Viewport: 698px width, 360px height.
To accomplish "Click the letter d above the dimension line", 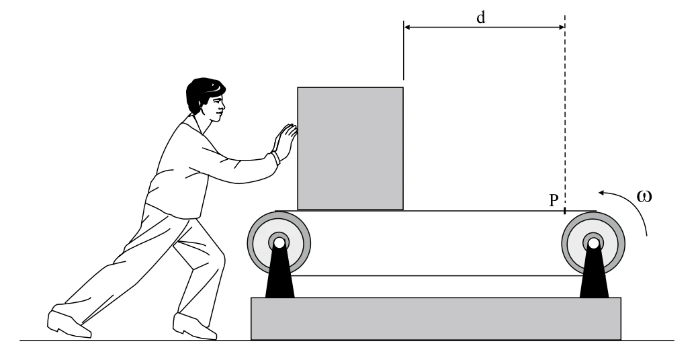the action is click(481, 17).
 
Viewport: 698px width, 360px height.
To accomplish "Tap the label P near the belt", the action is click(554, 201).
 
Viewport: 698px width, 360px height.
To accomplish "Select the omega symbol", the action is click(644, 196).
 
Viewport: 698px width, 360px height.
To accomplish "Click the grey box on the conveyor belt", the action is click(350, 148).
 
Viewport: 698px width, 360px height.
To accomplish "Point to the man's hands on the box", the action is click(286, 140).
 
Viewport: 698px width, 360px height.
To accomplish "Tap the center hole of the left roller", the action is click(279, 243).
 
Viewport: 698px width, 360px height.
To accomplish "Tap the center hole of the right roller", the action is click(593, 243).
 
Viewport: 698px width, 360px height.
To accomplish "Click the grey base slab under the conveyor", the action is click(436, 318).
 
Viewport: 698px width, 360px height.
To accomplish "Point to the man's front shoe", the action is click(195, 326).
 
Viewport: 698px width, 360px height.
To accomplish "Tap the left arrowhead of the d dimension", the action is click(407, 27).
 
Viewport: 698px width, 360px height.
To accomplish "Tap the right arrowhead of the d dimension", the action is click(561, 27).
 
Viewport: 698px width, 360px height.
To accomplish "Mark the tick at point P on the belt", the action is click(565, 210).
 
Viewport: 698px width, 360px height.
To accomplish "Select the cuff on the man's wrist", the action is click(276, 159).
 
